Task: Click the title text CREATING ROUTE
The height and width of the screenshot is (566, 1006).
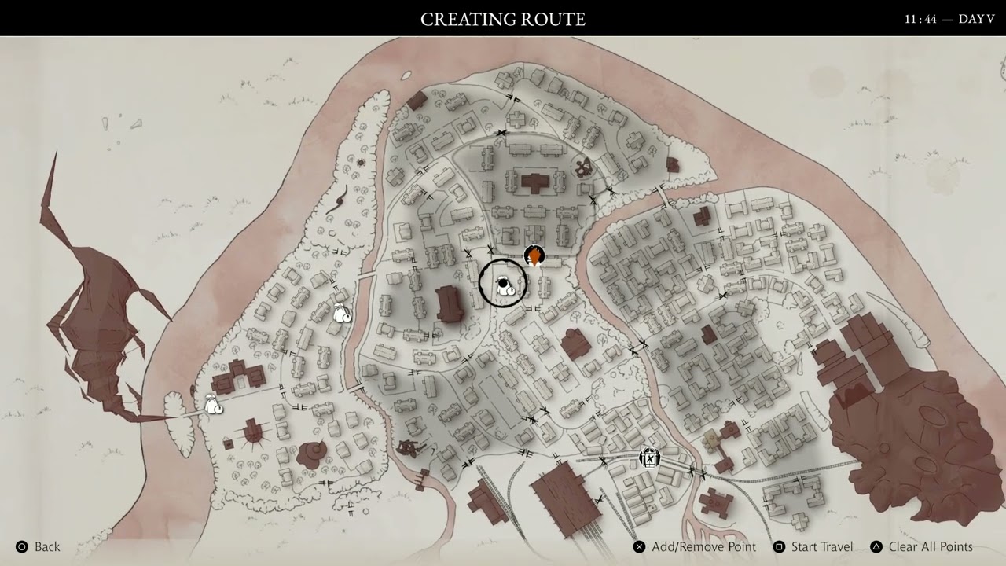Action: click(502, 19)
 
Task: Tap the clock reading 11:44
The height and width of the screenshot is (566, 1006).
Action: click(920, 19)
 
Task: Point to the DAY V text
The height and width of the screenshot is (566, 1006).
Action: click(977, 19)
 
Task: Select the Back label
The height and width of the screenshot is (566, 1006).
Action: click(47, 546)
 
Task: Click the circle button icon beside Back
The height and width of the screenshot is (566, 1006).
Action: click(22, 546)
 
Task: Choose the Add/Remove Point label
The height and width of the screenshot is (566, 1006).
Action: click(703, 546)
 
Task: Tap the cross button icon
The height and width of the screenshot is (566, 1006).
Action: click(640, 546)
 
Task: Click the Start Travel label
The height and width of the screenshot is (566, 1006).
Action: click(822, 546)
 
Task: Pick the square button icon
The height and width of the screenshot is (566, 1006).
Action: click(779, 546)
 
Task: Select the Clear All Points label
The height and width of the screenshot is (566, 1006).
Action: click(931, 546)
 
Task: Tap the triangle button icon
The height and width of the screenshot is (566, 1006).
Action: click(876, 546)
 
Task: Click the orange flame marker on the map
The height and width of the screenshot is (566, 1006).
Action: click(534, 256)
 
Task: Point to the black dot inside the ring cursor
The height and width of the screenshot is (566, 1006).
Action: click(503, 283)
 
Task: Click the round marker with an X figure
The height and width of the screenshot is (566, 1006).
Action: click(649, 458)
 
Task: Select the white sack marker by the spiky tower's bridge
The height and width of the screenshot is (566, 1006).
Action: click(213, 406)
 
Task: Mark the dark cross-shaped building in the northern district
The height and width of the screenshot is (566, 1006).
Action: click(537, 183)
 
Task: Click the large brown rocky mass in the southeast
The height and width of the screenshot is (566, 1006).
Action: click(904, 432)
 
